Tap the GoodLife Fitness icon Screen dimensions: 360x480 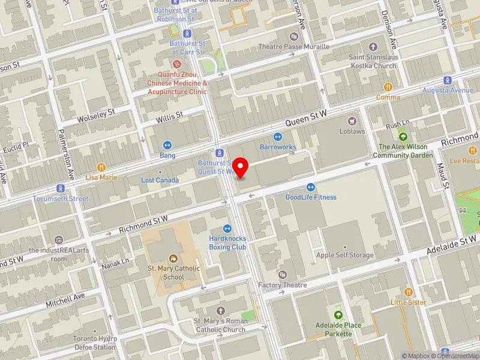(311, 187)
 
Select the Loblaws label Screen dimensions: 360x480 (352, 131)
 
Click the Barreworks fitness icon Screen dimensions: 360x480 (278, 136)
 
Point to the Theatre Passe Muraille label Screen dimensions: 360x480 (294, 46)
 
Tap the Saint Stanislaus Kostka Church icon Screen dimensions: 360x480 (373, 46)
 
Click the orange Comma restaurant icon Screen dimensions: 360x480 (388, 87)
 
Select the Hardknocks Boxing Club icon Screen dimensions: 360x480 (227, 228)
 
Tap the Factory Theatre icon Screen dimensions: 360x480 (283, 275)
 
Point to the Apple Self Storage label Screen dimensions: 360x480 (345, 255)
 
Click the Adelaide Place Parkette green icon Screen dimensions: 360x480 (339, 315)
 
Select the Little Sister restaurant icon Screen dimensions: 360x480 (409, 292)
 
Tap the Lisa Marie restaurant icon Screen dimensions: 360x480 (101, 167)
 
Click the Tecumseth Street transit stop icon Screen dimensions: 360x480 (60, 188)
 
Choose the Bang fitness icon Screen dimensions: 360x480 (167, 145)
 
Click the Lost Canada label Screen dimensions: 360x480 (160, 180)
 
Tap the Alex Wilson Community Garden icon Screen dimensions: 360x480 (403, 137)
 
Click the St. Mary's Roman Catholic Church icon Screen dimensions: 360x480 (220, 310)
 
